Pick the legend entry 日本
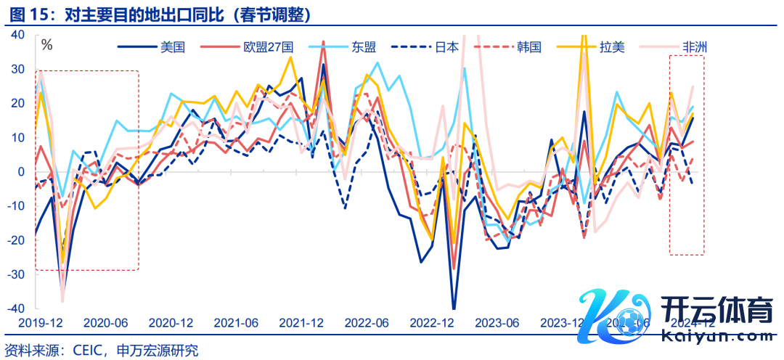(446, 48)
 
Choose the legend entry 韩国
(529, 48)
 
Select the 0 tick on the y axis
(22, 171)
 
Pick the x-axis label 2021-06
(236, 322)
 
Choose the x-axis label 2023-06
(499, 322)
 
